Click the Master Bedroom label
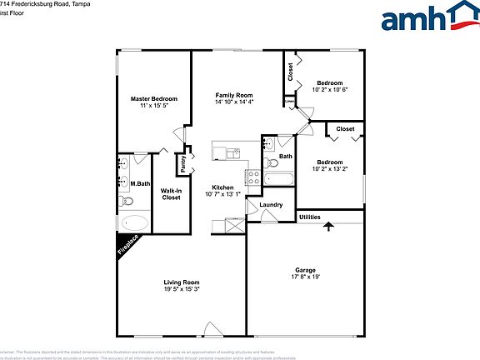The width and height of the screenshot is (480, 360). tap(154, 99)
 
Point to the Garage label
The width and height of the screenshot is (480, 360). tap(305, 270)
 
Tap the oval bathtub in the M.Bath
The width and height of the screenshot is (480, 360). tap(134, 223)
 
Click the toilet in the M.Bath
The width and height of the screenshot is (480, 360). tap(127, 201)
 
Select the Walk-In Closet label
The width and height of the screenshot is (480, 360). tap(171, 194)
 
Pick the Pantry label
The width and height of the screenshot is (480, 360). tap(182, 164)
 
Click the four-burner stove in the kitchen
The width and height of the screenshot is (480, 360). tap(252, 176)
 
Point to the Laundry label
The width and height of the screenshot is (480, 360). tap(271, 205)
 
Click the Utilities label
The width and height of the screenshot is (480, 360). tap(310, 217)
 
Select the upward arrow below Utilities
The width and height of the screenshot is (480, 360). tap(328, 224)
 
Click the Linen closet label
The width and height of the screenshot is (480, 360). tap(288, 104)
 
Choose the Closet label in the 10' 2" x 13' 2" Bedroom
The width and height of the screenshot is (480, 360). tap(345, 129)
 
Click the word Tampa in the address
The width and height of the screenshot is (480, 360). tap(79, 3)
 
